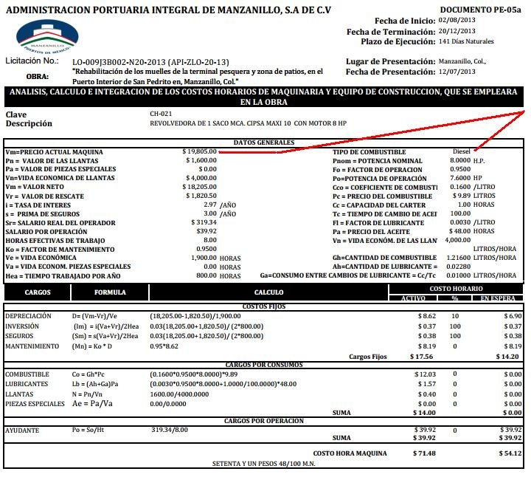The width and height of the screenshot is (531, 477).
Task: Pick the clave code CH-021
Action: pos(161,114)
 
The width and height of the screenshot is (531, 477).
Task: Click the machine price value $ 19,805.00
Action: pos(200,151)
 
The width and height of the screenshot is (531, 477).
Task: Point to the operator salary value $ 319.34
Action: pos(203,222)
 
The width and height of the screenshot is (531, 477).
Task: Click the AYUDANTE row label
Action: pos(21,430)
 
